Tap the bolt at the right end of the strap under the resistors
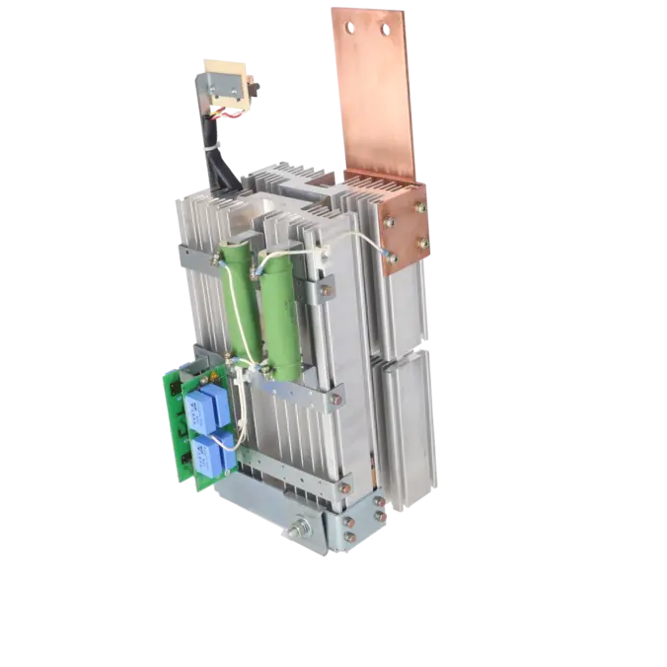point(335,399)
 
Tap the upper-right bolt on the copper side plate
point(420,208)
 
